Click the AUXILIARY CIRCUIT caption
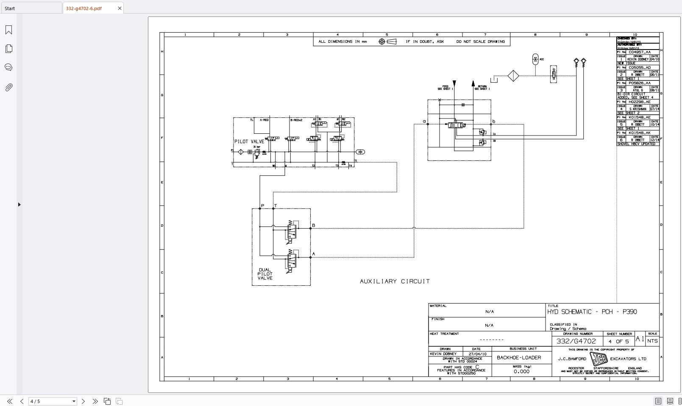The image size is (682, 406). tap(395, 281)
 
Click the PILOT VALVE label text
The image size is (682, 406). tap(249, 141)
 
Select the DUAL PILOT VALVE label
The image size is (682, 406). tap(265, 274)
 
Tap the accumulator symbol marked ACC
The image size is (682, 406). tap(535, 59)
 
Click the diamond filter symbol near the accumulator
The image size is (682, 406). tap(513, 76)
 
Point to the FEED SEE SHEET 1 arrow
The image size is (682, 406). tap(454, 84)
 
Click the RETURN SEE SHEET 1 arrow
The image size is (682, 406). tap(473, 84)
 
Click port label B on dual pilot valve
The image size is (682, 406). tap(314, 225)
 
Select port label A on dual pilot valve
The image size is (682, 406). tap(314, 254)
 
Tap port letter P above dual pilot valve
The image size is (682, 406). tap(262, 206)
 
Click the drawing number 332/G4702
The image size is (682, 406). tap(576, 341)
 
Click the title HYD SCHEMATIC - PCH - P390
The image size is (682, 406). tap(592, 312)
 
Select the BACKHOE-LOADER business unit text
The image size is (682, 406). tap(519, 358)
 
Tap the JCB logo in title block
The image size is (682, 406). tap(598, 359)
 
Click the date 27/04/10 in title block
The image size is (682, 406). tap(478, 354)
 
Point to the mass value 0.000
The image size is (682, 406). tap(521, 371)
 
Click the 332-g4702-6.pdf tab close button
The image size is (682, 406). tap(120, 8)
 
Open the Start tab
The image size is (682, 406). tap(10, 8)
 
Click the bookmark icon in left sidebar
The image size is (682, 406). tap(8, 30)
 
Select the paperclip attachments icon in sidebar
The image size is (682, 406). tap(8, 87)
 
